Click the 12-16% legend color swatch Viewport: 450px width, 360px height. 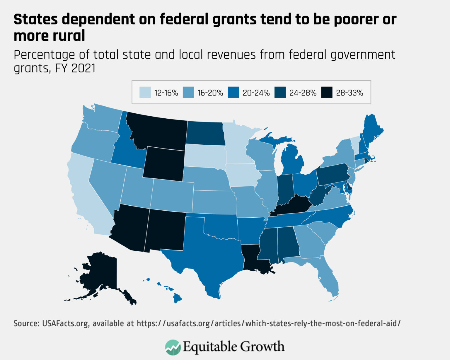click(145, 92)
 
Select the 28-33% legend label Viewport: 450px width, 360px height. click(350, 93)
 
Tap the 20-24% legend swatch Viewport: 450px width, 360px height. click(233, 92)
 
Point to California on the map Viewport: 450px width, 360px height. click(85, 196)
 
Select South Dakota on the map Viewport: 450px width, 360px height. click(205, 155)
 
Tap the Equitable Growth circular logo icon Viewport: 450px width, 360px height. click(173, 347)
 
